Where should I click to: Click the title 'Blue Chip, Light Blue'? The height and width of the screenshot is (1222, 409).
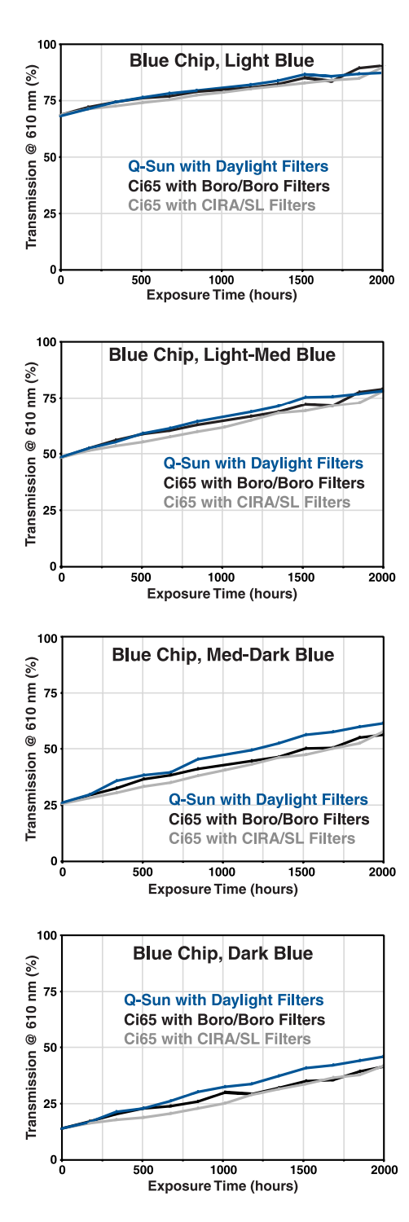pos(222,60)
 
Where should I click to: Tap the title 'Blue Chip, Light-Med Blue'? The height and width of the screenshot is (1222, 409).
pos(222,355)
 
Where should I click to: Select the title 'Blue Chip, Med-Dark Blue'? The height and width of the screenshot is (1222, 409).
pos(222,654)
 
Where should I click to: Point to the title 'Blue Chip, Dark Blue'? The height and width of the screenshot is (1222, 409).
pos(222,952)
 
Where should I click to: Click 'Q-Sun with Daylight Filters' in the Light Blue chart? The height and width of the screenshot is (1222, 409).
pos(228,166)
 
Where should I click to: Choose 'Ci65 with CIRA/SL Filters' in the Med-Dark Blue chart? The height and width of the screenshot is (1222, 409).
pos(262,838)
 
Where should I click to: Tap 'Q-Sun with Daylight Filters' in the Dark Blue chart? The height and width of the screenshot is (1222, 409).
pos(223,1000)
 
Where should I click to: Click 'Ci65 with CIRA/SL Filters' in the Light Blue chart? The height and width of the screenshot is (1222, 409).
pos(222,205)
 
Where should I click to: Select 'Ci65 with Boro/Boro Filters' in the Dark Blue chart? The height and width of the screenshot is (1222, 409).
pos(224,1019)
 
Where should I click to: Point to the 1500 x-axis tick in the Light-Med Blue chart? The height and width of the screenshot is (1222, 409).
pos(302,578)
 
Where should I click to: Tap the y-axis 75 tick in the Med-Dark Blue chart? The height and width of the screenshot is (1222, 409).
pos(51,693)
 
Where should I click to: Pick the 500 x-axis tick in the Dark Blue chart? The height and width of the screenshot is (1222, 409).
pos(143,1171)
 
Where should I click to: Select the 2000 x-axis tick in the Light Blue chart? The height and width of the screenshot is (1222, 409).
pos(381,280)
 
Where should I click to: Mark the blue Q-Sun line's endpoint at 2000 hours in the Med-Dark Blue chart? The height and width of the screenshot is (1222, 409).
pos(383,723)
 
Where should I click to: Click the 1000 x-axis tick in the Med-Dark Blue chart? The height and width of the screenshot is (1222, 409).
pos(222,873)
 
